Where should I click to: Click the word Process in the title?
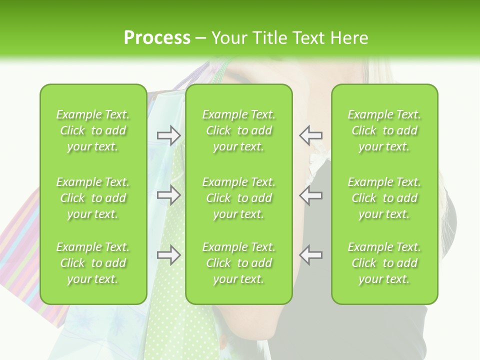click(x=157, y=38)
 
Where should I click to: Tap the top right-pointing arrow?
click(x=168, y=135)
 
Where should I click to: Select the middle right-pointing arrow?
click(x=168, y=195)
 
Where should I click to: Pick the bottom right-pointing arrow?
click(x=168, y=255)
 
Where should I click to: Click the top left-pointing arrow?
click(x=311, y=135)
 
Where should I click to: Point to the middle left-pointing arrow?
click(x=311, y=195)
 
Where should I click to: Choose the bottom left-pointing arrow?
click(x=311, y=255)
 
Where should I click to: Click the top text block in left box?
click(x=93, y=130)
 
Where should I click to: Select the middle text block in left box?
click(x=93, y=198)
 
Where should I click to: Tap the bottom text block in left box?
click(x=93, y=263)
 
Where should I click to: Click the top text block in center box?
click(x=238, y=130)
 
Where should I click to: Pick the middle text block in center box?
click(x=238, y=198)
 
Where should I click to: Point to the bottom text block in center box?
click(x=238, y=263)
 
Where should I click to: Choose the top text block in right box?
click(x=384, y=130)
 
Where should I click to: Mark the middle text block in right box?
click(x=384, y=198)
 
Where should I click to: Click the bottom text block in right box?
click(x=384, y=263)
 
